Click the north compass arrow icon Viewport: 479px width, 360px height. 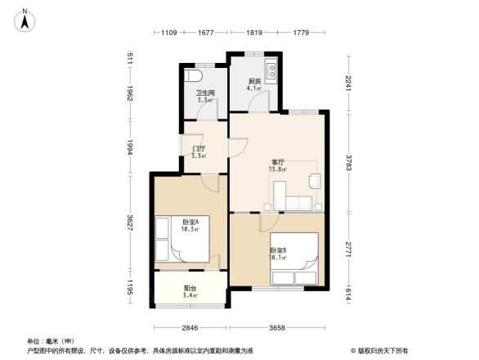click(x=25, y=19)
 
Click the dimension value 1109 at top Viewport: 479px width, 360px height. click(x=168, y=33)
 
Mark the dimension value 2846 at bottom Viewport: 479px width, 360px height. click(x=190, y=328)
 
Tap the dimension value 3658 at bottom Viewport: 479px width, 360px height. click(x=278, y=328)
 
